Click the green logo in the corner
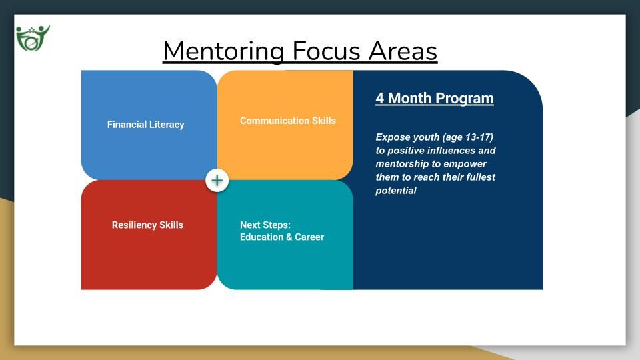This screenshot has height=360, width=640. pos(33,38)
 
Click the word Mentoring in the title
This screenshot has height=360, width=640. pos(223,51)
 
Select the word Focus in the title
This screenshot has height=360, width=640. pos(326,51)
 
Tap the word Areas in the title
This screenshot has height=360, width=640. pos(403,51)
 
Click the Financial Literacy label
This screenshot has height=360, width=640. pos(146,125)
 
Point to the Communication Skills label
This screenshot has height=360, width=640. pos(288,121)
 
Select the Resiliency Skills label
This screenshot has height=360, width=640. pos(147,225)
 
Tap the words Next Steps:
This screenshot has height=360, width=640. pos(265,225)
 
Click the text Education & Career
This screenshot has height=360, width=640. pos(281,237)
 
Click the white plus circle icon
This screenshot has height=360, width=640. pos(217,181)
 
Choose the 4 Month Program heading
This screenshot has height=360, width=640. pos(435,99)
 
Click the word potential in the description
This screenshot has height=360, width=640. pos(396,191)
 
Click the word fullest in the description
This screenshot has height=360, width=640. pos(480,177)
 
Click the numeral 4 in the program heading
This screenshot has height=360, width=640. pos(380,98)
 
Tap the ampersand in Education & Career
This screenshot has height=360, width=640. pos(289,237)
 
